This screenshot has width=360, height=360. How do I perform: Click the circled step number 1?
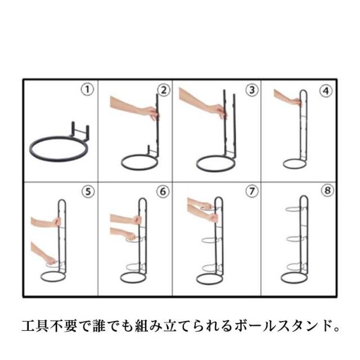click(87, 90)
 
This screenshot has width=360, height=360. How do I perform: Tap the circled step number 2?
click(164, 90)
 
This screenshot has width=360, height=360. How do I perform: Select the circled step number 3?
click(252, 90)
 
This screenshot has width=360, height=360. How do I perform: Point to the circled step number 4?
click(326, 91)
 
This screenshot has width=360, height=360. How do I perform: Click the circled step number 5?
click(88, 192)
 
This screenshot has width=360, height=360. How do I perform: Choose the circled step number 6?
click(163, 191)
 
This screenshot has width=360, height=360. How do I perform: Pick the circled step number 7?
click(252, 191)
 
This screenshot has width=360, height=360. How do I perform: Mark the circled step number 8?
click(327, 190)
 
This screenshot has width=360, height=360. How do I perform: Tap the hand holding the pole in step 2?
click(150, 114)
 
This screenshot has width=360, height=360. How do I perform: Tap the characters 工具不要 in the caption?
click(49, 326)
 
